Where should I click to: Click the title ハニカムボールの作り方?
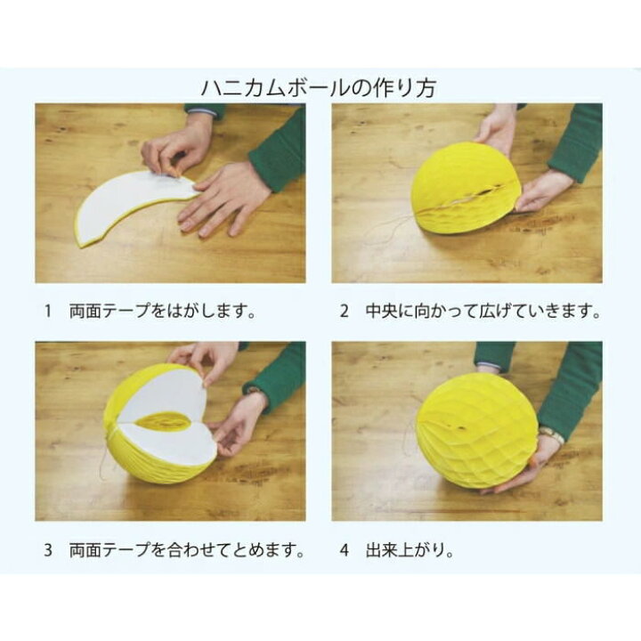[x=319, y=89]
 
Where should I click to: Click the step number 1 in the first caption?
[x=48, y=312]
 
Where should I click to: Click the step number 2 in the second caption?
[x=344, y=312]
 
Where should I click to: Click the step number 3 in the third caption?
[x=48, y=550]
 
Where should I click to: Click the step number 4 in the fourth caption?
[x=344, y=550]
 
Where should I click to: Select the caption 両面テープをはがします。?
[x=163, y=312]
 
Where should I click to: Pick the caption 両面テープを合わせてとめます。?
[x=187, y=550]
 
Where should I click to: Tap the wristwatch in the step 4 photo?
[x=551, y=434]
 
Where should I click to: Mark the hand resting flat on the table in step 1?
[x=223, y=196]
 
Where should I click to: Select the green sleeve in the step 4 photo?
[x=574, y=383]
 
